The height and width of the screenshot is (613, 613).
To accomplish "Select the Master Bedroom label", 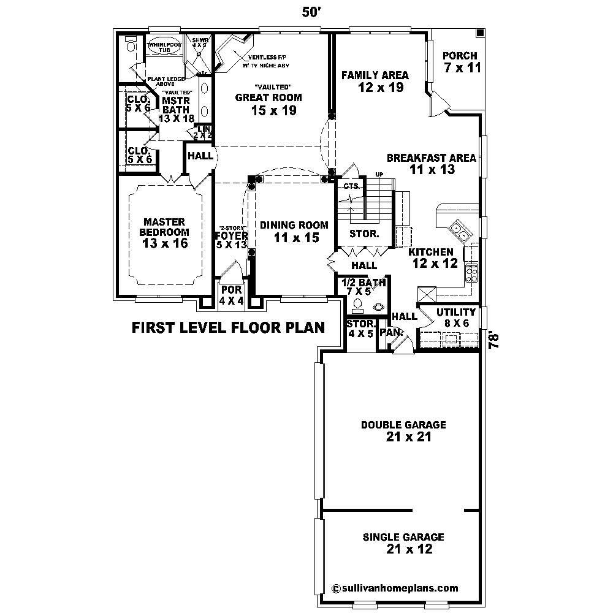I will click(164, 232).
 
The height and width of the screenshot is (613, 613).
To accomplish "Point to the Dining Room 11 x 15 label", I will click(294, 232).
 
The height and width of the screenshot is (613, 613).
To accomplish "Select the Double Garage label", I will click(403, 430).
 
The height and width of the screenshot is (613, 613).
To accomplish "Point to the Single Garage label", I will click(403, 543).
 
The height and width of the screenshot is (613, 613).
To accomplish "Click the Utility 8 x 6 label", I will click(455, 318).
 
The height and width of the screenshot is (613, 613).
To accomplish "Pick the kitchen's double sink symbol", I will click(460, 232).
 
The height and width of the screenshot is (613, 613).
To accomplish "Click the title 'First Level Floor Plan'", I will click(228, 328).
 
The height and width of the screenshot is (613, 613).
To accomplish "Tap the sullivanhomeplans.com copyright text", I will click(395, 588).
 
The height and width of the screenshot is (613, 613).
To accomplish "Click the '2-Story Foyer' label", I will click(232, 235).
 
